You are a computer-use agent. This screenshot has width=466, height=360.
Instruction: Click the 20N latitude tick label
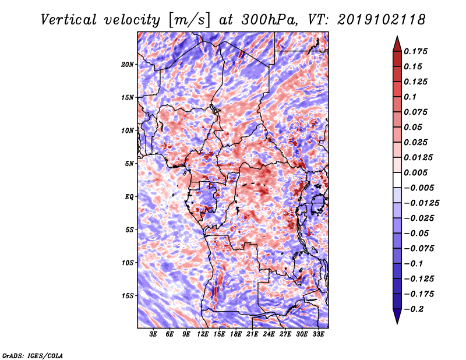pyautogui.click(x=128, y=64)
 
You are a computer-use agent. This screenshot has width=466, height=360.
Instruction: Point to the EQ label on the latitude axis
pyautogui.click(x=129, y=196)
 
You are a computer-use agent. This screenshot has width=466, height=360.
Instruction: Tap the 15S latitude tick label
pyautogui.click(x=128, y=295)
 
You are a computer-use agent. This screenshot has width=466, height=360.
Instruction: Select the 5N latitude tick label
pyautogui.click(x=130, y=163)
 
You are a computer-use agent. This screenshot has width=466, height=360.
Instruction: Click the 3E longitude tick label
pyautogui.click(x=154, y=334)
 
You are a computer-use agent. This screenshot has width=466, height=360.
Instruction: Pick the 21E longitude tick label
pyautogui.click(x=253, y=334)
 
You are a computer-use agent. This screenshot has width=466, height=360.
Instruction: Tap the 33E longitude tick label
pyautogui.click(x=319, y=334)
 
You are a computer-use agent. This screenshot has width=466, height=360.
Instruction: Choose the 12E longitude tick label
pyautogui.click(x=203, y=334)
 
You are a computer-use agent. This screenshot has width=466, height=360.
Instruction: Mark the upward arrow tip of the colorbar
pyautogui.click(x=397, y=37)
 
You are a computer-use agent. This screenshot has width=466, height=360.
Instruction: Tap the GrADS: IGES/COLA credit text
pyautogui.click(x=32, y=355)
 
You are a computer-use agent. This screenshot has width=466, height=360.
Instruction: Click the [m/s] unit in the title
pyautogui.click(x=187, y=19)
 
